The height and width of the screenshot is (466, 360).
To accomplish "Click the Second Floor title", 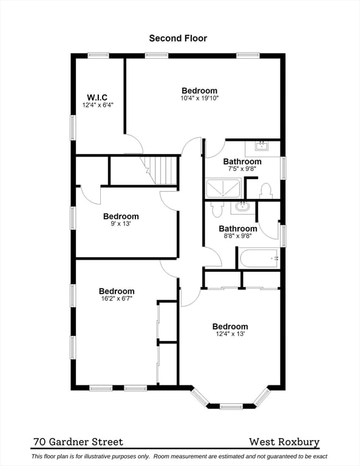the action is click(x=178, y=38).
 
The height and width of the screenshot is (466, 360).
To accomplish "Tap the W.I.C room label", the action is click(x=97, y=97).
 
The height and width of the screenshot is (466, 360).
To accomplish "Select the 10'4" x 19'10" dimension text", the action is click(x=200, y=98).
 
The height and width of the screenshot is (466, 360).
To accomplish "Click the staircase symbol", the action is click(x=160, y=171).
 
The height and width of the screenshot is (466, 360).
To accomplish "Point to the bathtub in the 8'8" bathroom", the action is click(x=259, y=258).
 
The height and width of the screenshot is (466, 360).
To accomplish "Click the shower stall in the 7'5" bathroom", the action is click(x=223, y=189).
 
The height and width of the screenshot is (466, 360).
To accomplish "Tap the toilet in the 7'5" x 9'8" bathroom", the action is click(x=266, y=191).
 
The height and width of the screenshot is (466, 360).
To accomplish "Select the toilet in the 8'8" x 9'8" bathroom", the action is click(x=216, y=209).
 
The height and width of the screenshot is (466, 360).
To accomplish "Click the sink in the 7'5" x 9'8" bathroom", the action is click(x=262, y=146).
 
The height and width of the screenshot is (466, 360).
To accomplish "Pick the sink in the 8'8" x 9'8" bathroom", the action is click(x=243, y=207).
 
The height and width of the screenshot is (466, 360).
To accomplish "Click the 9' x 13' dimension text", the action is click(x=121, y=223).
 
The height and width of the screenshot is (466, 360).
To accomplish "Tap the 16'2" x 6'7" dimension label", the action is click(x=117, y=299).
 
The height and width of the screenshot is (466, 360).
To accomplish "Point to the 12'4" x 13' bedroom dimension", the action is click(x=230, y=334).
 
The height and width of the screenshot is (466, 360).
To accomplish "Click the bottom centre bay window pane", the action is click(x=231, y=407).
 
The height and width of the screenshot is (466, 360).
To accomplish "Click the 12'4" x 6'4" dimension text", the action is click(x=98, y=105).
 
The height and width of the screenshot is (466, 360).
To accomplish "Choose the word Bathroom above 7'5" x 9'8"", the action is click(x=242, y=161).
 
